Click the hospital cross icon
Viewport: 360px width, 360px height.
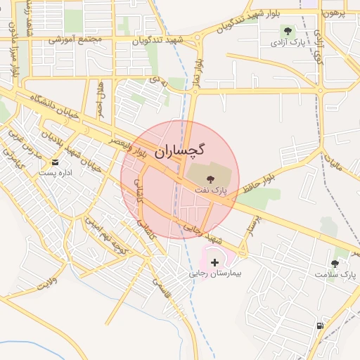tap(215, 262)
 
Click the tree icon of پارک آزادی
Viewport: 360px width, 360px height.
tap(288, 30)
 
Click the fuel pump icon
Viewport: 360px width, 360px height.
tap(321, 325)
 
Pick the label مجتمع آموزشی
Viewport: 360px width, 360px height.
tap(75, 39)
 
